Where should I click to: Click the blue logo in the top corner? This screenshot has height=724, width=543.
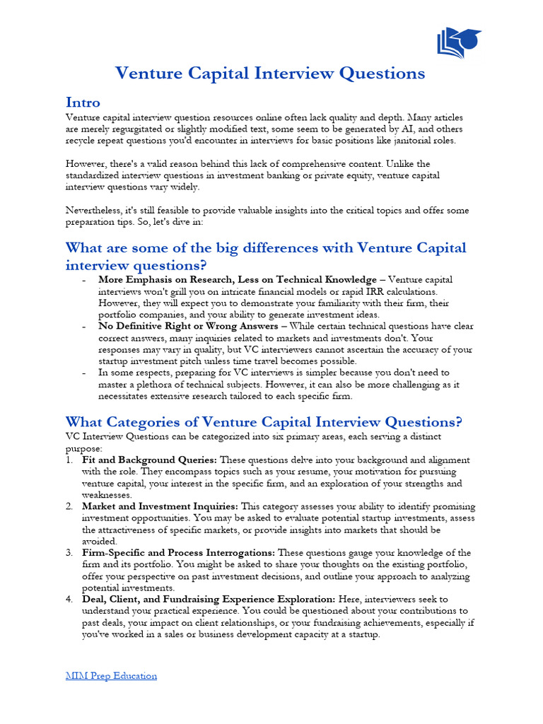point(459,42)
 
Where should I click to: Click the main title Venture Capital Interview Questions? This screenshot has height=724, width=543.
point(270,74)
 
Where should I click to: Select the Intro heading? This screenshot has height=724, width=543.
point(83,102)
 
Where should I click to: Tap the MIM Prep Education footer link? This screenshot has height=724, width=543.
point(111,675)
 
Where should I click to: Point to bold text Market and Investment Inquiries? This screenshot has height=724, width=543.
point(160,506)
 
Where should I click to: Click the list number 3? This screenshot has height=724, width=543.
point(69,552)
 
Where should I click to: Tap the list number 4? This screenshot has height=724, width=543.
point(69,599)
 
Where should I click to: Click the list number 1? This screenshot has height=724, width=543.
point(69,460)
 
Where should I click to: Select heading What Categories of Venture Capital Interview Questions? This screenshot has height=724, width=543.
point(264,422)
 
